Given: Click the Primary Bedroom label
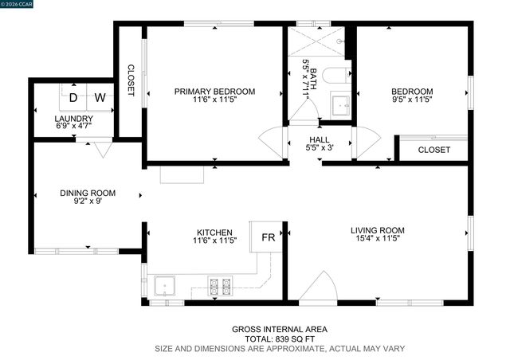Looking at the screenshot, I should [x=214, y=92].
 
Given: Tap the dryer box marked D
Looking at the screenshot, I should [x=73, y=98].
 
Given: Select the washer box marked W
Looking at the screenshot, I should [x=100, y=98].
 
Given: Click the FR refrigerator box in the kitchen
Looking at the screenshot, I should [x=269, y=237].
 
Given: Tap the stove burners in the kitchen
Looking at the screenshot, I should [x=220, y=286].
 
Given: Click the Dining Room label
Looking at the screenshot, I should [x=88, y=193].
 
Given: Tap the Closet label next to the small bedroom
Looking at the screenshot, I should [x=433, y=150].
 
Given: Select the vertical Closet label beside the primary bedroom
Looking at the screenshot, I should [x=131, y=80].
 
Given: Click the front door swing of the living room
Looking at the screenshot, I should [x=323, y=287].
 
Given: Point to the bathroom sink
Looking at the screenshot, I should [x=340, y=104].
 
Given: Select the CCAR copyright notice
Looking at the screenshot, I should [x=20, y=4].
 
